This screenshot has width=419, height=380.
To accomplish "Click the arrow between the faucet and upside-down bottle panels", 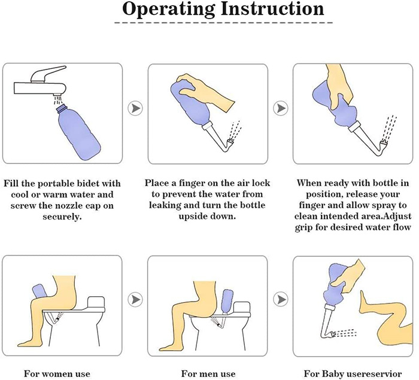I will pyautogui.click(x=135, y=109).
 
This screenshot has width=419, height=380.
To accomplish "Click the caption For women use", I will pyautogui.click(x=57, y=374).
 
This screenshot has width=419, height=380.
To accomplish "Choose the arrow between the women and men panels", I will pyautogui.click(x=135, y=298).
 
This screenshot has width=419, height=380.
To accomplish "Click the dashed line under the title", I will pyautogui.click(x=209, y=24).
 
